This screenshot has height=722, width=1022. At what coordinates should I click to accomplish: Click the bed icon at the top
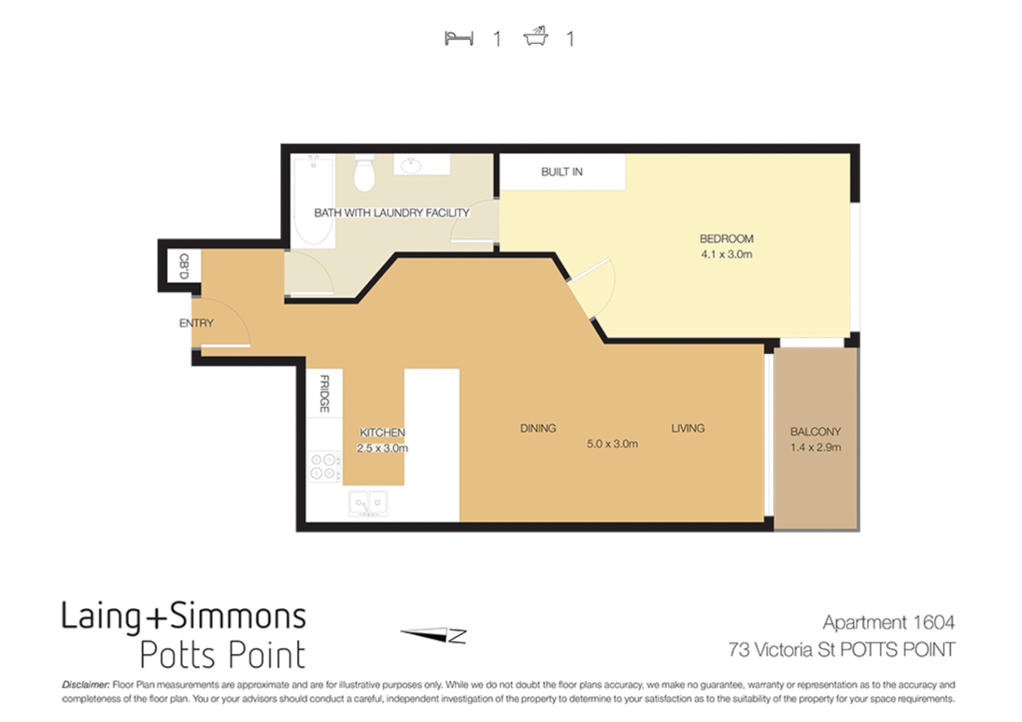click(459, 38)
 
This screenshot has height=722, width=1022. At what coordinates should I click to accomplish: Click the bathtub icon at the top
click(536, 36)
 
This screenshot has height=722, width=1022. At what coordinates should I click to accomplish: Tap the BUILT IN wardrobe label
click(561, 172)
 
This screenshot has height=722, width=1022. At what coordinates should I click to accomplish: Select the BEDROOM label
click(726, 239)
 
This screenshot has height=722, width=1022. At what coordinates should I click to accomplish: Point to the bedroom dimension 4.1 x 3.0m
click(726, 255)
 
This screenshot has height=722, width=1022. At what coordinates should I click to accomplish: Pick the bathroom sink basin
click(411, 164)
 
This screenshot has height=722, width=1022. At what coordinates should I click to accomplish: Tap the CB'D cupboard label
click(184, 265)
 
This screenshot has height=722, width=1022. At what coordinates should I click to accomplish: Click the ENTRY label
click(196, 323)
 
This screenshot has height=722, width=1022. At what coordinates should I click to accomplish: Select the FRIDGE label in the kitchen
click(324, 393)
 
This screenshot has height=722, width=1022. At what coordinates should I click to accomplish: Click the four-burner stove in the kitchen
click(324, 466)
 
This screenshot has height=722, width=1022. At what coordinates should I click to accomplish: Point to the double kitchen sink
click(368, 503)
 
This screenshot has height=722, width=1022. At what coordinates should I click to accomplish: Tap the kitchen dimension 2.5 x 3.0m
click(382, 449)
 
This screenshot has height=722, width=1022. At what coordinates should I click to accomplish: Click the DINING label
click(538, 429)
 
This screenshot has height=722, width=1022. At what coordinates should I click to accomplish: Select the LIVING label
click(688, 429)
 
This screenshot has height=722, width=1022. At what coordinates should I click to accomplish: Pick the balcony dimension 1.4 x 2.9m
click(815, 447)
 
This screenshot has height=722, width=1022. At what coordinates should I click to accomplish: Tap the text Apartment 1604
click(888, 622)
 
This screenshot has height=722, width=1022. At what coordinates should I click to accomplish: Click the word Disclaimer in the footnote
click(86, 685)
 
